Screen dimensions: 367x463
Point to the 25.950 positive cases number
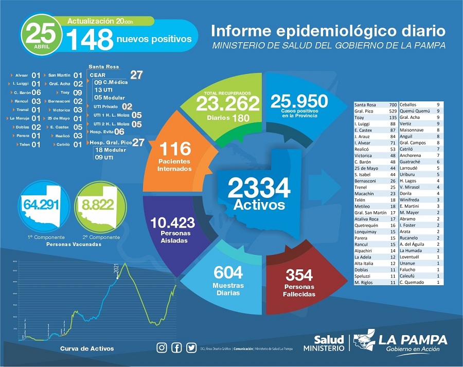(299, 101)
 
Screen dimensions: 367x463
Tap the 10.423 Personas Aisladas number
(172, 223)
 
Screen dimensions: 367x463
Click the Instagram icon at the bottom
(162, 348)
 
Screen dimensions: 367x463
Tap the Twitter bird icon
(191, 348)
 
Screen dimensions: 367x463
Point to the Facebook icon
(177, 348)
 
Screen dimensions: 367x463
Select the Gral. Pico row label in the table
(364, 111)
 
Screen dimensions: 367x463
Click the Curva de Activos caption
(87, 349)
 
